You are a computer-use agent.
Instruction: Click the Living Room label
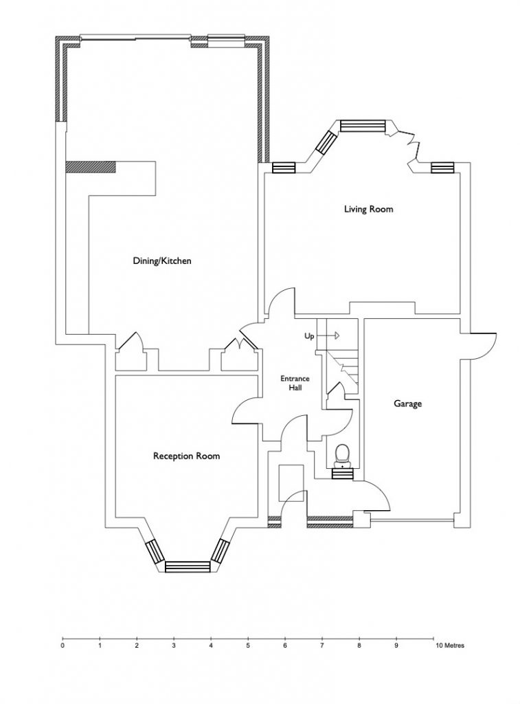tap(368, 209)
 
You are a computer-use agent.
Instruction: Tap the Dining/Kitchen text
tap(162, 261)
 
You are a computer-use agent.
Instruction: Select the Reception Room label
tap(187, 456)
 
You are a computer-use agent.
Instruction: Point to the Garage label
tap(408, 404)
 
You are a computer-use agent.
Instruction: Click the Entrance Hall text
tap(295, 382)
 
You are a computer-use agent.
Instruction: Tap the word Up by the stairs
tap(310, 336)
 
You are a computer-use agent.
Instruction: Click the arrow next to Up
tap(331, 335)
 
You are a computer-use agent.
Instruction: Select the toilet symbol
tap(342, 455)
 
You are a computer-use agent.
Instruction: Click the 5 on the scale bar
tap(248, 646)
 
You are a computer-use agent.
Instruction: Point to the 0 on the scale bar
tap(63, 646)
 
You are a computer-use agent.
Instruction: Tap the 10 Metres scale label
tap(449, 646)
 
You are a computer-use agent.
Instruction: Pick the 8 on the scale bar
tap(359, 646)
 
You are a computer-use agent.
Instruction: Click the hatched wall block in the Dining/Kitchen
tap(91, 166)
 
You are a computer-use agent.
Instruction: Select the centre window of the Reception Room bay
tap(188, 566)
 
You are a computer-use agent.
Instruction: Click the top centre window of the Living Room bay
tap(363, 126)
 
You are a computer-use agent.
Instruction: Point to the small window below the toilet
tap(343, 474)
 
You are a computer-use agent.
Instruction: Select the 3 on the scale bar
tap(174, 646)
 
